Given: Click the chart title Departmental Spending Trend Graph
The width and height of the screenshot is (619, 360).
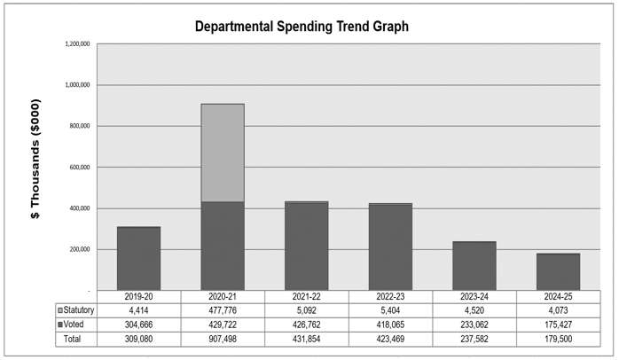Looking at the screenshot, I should click(x=302, y=27).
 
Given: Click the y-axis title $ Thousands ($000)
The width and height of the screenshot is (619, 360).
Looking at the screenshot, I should click(x=35, y=160).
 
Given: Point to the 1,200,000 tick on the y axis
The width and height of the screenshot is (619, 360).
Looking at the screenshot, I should click(x=78, y=44).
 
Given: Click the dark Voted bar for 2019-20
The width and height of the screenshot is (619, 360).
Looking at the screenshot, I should click(x=138, y=259).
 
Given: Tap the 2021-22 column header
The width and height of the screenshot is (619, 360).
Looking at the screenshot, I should click(x=307, y=297).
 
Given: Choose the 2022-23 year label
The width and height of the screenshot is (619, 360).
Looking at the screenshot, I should click(x=390, y=297).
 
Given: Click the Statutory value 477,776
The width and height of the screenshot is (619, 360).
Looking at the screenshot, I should click(x=223, y=310).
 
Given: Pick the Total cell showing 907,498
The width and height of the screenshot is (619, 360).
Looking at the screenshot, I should click(x=223, y=340).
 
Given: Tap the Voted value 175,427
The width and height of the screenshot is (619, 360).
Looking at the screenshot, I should click(x=558, y=325).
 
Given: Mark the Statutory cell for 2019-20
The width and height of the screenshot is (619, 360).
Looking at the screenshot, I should click(x=139, y=310).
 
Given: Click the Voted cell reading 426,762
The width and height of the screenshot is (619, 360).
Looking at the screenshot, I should click(x=307, y=325).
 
